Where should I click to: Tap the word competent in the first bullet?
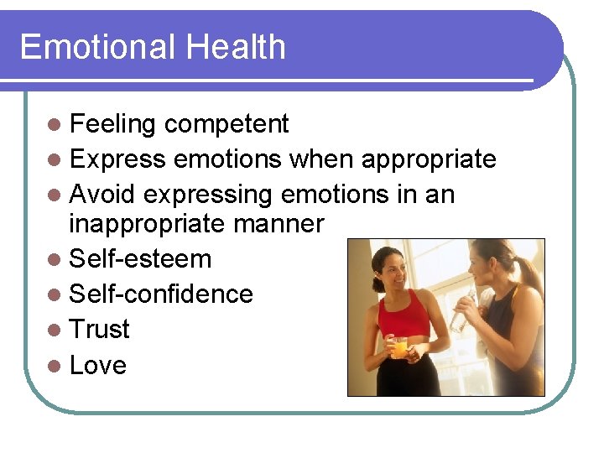point(226,124)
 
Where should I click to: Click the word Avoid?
point(103,195)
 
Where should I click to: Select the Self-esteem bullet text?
point(140,259)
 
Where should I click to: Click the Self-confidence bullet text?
point(161,294)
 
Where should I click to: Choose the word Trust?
point(100,330)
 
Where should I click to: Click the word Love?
point(98,366)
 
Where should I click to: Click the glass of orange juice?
point(400,346)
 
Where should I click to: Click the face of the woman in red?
point(393,268)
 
